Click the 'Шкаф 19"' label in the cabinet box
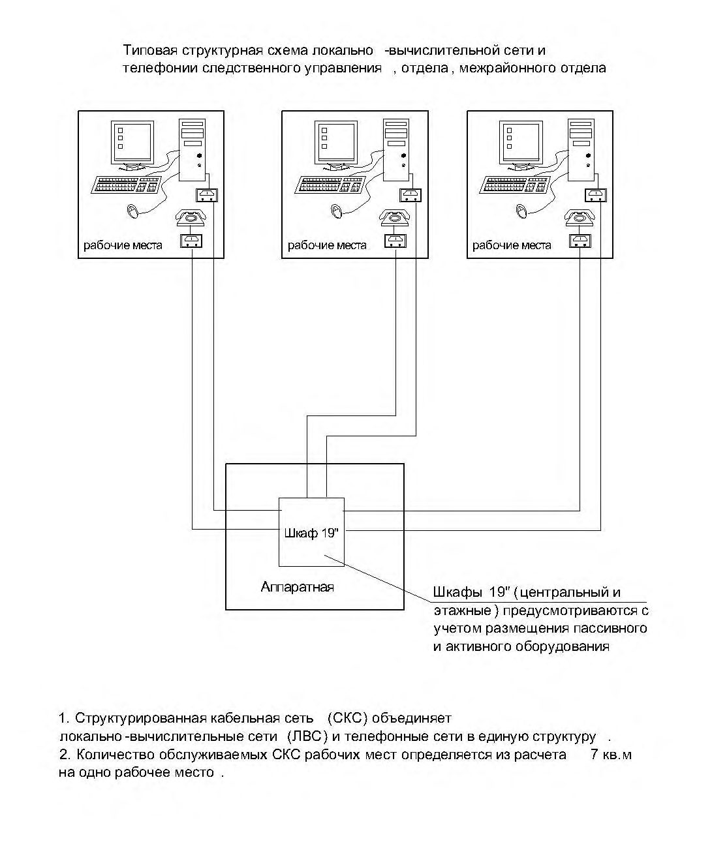pyautogui.click(x=311, y=533)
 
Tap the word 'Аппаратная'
pyautogui.click(x=298, y=587)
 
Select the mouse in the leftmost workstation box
pyautogui.click(x=132, y=211)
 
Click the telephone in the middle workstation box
pyautogui.click(x=394, y=218)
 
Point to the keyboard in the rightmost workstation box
pyautogui.click(x=514, y=185)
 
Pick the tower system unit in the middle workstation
pyautogui.click(x=396, y=150)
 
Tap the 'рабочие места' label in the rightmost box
pyautogui.click(x=512, y=245)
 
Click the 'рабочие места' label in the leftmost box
pyautogui.click(x=123, y=245)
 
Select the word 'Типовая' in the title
pyautogui.click(x=150, y=50)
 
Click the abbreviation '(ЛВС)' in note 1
pyautogui.click(x=307, y=737)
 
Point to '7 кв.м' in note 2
pyautogui.click(x=611, y=755)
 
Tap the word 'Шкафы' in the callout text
pyautogui.click(x=457, y=592)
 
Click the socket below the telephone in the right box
pyautogui.click(x=580, y=241)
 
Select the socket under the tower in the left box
pyautogui.click(x=207, y=195)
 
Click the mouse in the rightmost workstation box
pyautogui.click(x=522, y=211)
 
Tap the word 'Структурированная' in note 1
pyautogui.click(x=140, y=718)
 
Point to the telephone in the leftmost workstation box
pyautogui.click(x=191, y=218)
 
